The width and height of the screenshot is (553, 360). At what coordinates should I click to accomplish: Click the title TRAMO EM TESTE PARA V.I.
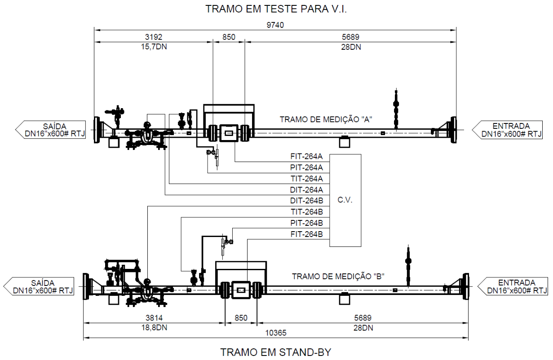tap(276, 9)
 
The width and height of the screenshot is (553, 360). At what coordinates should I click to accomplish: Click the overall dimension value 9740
tap(275, 25)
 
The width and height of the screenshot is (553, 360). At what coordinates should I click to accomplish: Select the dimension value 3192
tap(154, 37)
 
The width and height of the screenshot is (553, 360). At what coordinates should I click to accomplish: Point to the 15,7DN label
tap(154, 47)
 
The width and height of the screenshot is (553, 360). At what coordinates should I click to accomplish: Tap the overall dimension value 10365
tap(276, 333)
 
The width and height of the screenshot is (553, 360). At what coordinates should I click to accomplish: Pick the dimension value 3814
tap(154, 318)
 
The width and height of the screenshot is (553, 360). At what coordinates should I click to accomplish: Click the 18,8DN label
tap(154, 328)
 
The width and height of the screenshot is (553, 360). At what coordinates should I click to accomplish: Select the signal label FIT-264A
tap(306, 157)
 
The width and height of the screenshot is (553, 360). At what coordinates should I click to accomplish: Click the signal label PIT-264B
tap(306, 223)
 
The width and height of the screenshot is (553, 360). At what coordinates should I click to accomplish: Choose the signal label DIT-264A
tap(306, 190)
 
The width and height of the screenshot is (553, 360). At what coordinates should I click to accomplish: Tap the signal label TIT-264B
tap(306, 212)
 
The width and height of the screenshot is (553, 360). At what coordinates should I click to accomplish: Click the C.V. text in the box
tap(345, 200)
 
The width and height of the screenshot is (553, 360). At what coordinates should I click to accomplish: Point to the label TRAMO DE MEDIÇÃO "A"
tap(326, 119)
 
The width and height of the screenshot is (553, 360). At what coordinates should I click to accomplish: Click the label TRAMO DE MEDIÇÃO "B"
tap(338, 277)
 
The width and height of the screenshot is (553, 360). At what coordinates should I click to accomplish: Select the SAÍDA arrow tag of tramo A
tap(51, 130)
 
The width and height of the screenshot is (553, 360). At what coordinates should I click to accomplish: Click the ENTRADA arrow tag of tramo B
tap(513, 286)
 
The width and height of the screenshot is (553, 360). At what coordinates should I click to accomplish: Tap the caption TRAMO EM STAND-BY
tap(275, 352)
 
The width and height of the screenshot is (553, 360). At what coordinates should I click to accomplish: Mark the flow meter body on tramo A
tap(229, 133)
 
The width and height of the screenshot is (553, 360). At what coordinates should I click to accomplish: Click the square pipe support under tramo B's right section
tap(345, 299)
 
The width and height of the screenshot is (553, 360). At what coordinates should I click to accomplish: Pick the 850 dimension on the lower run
tap(241, 318)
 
